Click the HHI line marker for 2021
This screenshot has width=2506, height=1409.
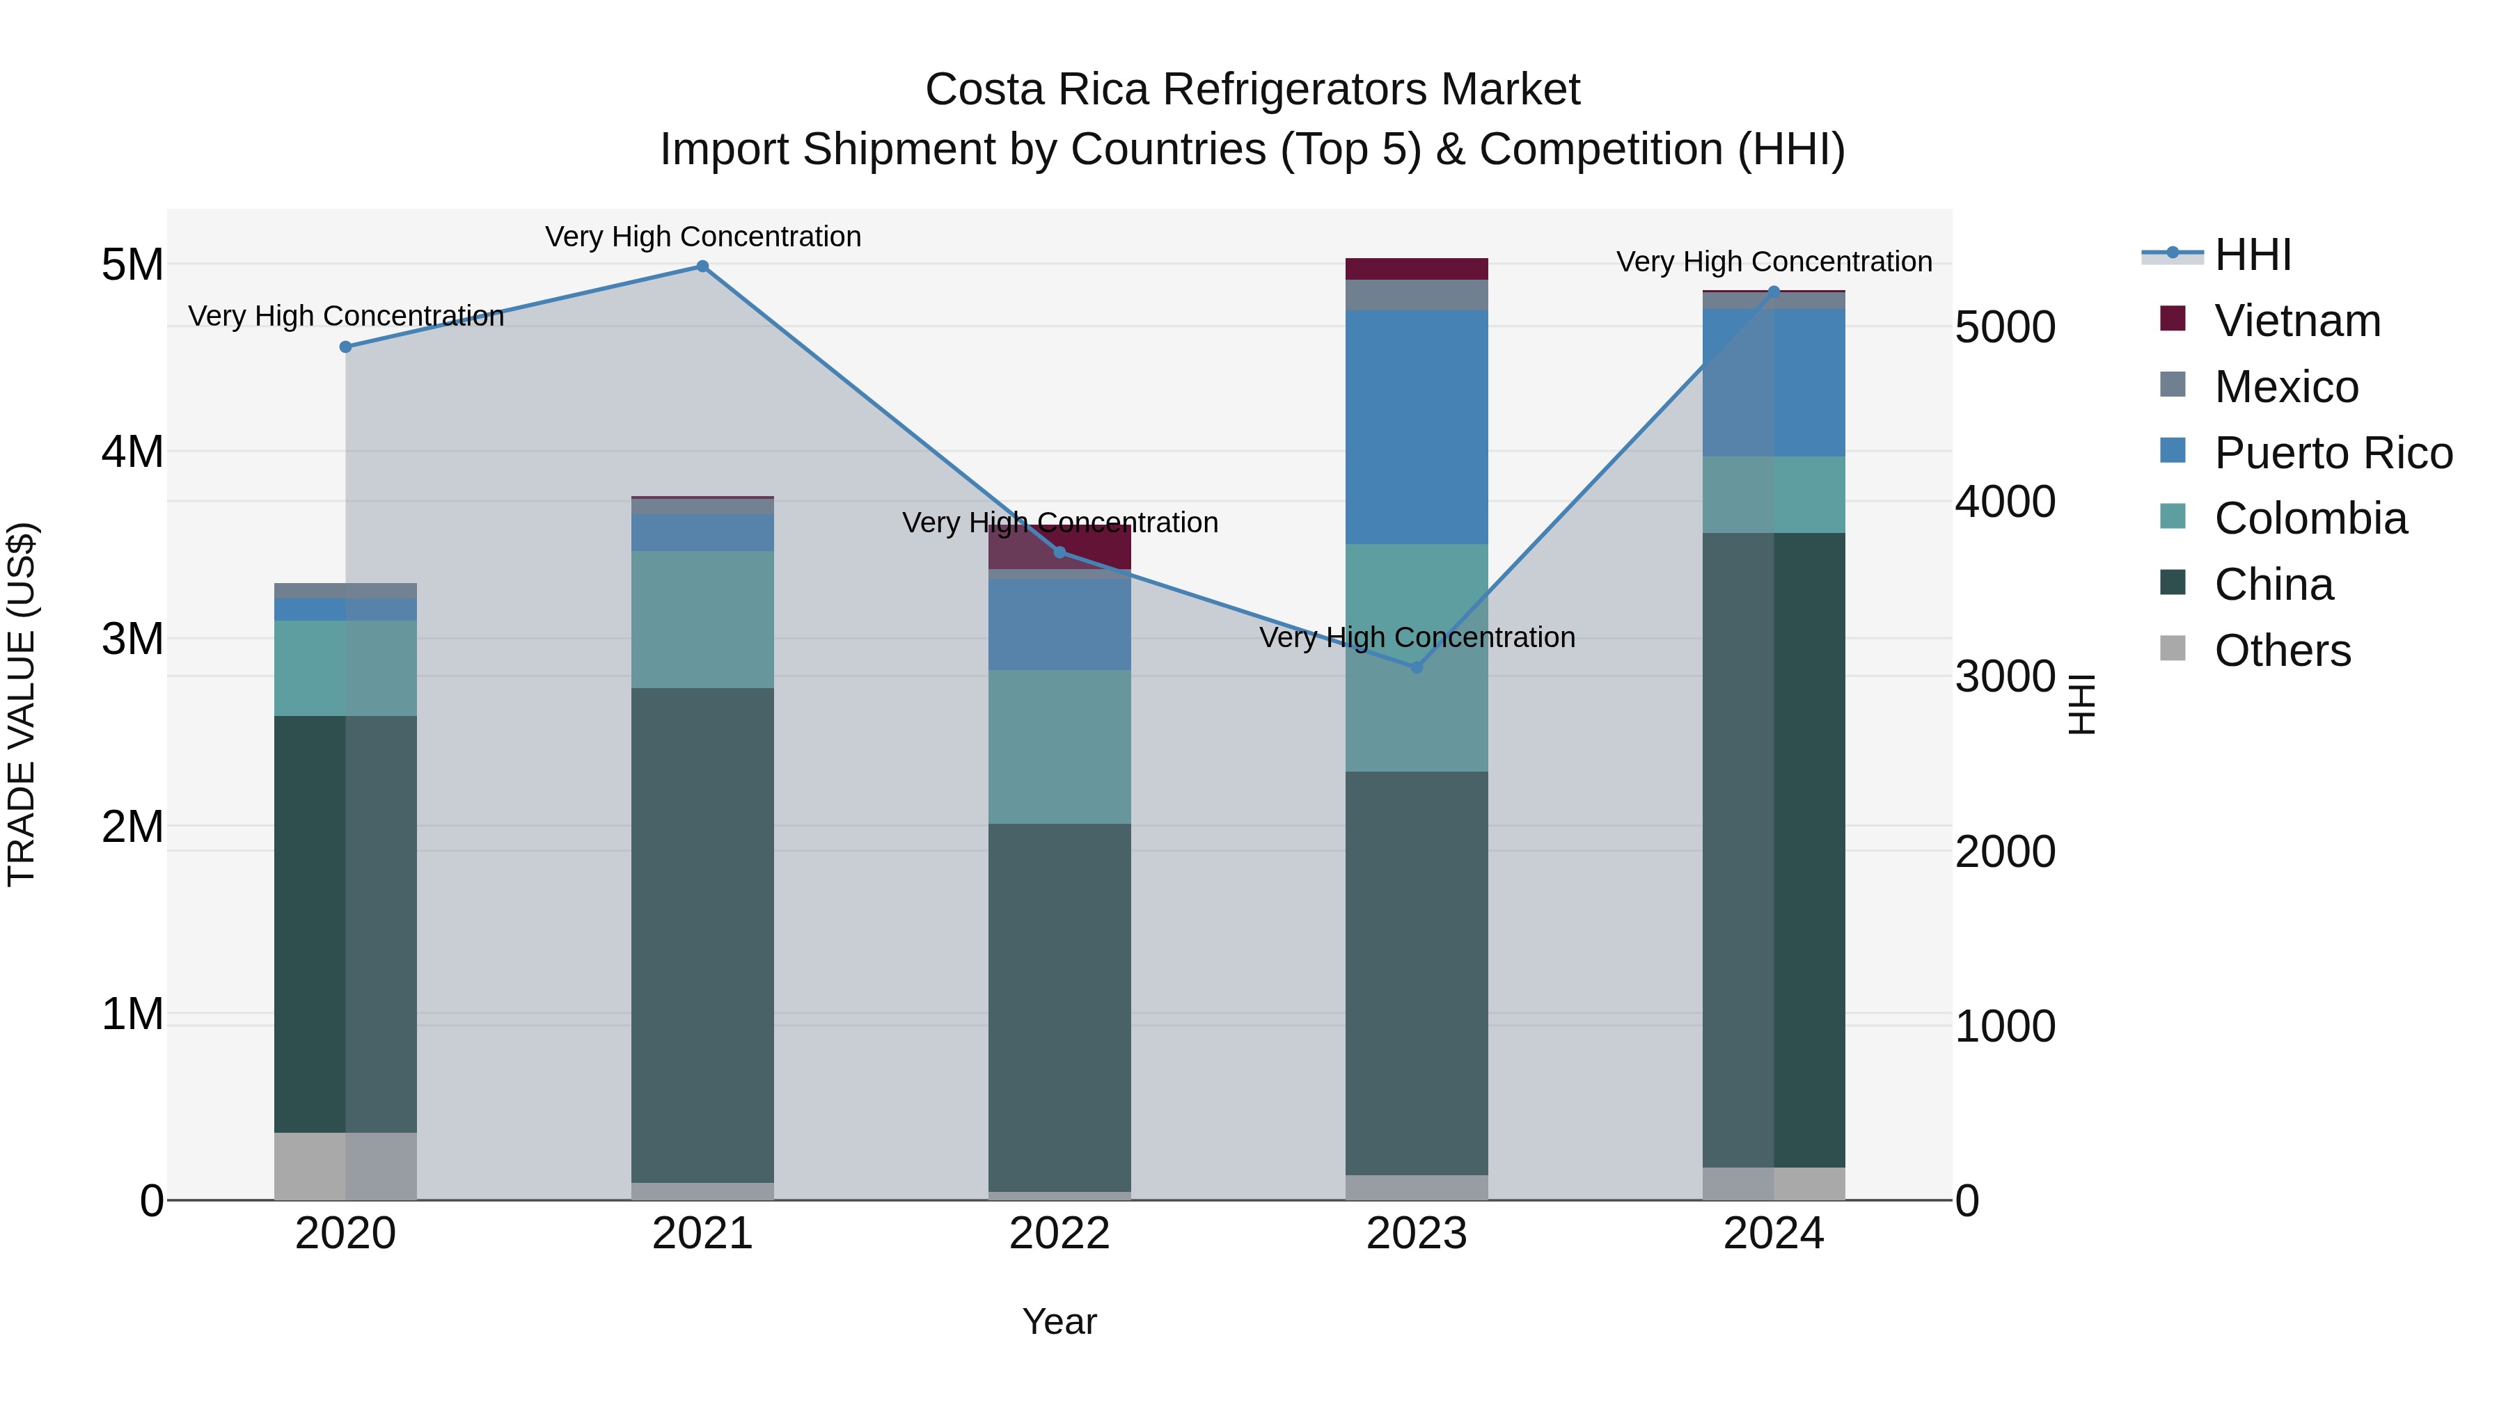pos(702,266)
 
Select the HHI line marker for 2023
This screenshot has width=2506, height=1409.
pos(1417,667)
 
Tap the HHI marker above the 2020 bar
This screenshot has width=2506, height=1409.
pos(345,347)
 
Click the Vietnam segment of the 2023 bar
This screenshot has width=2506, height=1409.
pos(1417,269)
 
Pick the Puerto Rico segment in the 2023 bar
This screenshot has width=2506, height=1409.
pos(1417,427)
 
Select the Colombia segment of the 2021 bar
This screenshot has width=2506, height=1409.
pos(702,619)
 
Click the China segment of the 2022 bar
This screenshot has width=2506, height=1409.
pos(1059,1006)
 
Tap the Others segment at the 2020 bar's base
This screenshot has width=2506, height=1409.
pos(345,1166)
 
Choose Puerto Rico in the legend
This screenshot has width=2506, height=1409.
pos(2333,453)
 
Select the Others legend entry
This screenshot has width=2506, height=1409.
pos(2281,651)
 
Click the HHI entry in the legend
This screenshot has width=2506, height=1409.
pos(2252,255)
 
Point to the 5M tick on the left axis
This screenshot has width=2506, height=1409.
pos(132,264)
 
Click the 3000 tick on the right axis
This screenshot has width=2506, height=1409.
pos(2005,677)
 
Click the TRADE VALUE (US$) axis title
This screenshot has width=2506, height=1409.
pos(22,704)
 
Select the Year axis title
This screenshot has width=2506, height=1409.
pos(1059,1321)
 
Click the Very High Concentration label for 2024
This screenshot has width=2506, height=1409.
pos(1774,262)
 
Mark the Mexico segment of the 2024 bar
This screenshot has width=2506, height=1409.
pos(1774,301)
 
